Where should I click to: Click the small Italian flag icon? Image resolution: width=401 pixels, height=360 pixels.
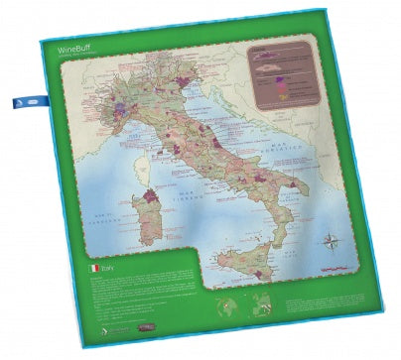(95, 268)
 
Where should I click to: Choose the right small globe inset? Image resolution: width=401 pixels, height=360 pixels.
(259, 302)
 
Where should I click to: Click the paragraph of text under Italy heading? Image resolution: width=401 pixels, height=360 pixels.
(139, 293)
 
